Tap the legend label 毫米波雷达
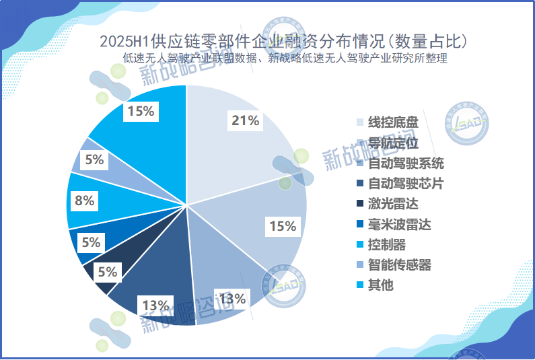[399, 224]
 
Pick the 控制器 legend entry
[387, 244]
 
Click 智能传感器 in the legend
[399, 264]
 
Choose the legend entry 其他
[381, 285]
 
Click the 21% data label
[246, 121]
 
